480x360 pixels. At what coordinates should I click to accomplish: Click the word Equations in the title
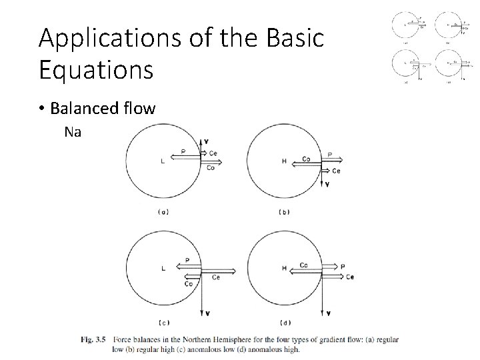96,70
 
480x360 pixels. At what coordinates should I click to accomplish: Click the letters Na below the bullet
73,132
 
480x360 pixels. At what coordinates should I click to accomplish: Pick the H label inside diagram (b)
285,161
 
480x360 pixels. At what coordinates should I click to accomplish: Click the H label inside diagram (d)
285,269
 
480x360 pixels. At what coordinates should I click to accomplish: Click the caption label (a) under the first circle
163,212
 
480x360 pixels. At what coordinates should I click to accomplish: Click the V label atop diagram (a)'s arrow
207,141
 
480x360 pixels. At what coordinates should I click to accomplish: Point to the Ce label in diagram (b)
337,171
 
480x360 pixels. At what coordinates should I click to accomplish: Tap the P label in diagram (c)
187,261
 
